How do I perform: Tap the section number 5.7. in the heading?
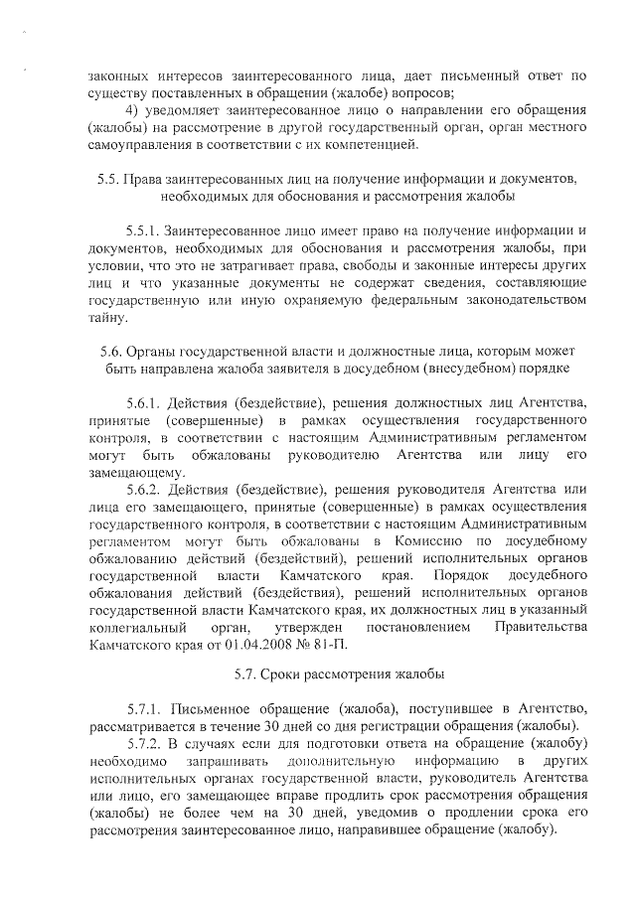click(x=248, y=675)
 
